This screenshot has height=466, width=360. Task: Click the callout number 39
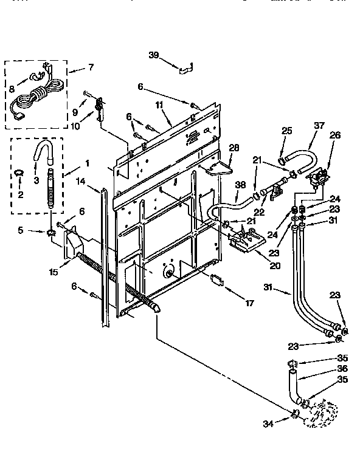pos(153,55)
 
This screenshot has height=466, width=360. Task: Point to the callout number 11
pos(159,105)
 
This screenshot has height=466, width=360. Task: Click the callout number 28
pos(234,148)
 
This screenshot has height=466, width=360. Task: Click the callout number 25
pos(287,131)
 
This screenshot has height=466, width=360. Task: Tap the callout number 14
pos(81,181)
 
